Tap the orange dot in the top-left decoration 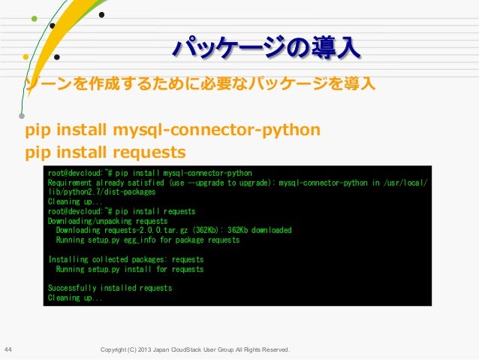tap(27, 55)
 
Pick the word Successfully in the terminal tap(73, 288)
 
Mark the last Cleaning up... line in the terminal tap(75, 298)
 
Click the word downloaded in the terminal tap(264, 231)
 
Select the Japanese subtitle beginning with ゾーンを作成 tap(200, 82)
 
